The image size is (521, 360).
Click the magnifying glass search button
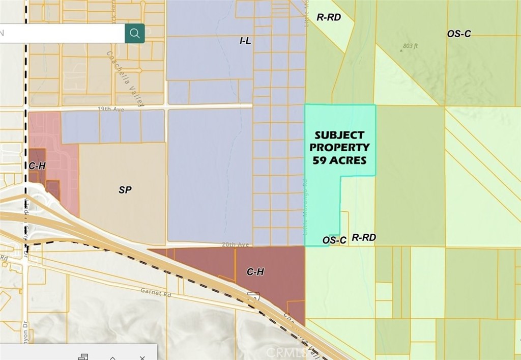(x=135, y=34)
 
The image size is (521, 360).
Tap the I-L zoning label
(x=245, y=41)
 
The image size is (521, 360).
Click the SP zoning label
(x=125, y=189)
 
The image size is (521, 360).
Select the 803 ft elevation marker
(x=410, y=46)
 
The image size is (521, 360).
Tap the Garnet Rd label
(x=156, y=293)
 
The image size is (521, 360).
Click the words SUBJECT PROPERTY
(x=340, y=141)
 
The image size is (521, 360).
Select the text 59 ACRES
(x=340, y=159)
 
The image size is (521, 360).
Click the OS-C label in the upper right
(x=459, y=34)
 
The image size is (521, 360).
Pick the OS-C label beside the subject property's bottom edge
(x=334, y=240)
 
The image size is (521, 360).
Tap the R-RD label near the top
(x=328, y=17)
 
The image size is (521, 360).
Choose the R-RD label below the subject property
(x=364, y=237)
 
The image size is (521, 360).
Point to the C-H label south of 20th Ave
(x=255, y=272)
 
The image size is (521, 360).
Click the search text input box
(x=62, y=34)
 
